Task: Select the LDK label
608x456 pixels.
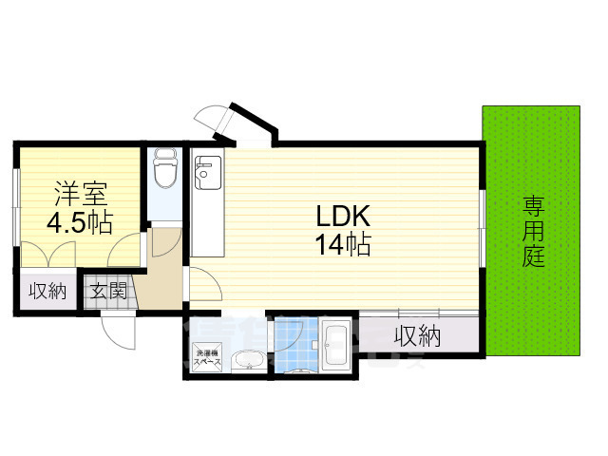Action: pyautogui.click(x=342, y=216)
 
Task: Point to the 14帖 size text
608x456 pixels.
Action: pyautogui.click(x=343, y=244)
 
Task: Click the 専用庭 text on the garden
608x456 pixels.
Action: pyautogui.click(x=534, y=230)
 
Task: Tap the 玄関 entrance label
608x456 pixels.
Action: pyautogui.click(x=109, y=291)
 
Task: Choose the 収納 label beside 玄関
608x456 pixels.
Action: pyautogui.click(x=46, y=291)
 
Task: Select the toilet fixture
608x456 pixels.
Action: pyautogui.click(x=165, y=171)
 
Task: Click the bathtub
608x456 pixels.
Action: pyautogui.click(x=336, y=348)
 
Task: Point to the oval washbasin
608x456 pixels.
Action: pyautogui.click(x=248, y=361)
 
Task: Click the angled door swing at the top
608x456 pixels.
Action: pyautogui.click(x=213, y=120)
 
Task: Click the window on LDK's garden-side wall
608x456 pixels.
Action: pyautogui.click(x=483, y=228)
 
